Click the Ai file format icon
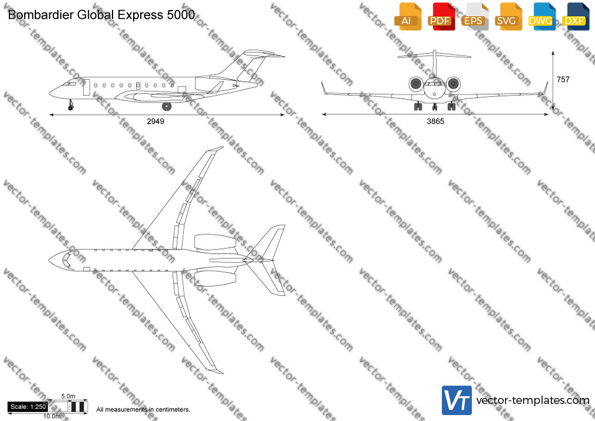(408, 17)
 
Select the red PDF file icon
(441, 17)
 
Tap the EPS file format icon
(475, 17)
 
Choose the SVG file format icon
(508, 17)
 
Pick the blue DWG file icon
(542, 17)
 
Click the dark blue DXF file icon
(576, 17)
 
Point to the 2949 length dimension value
(156, 121)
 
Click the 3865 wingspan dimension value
(435, 121)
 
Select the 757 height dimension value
(563, 80)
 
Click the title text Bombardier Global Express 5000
(101, 15)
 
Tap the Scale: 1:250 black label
(28, 407)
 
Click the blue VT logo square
(457, 400)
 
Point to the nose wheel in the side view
(71, 108)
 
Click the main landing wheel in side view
(167, 106)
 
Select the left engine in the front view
(416, 84)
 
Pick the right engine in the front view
(453, 84)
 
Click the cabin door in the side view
(87, 87)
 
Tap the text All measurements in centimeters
(143, 410)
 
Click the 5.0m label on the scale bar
(68, 396)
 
